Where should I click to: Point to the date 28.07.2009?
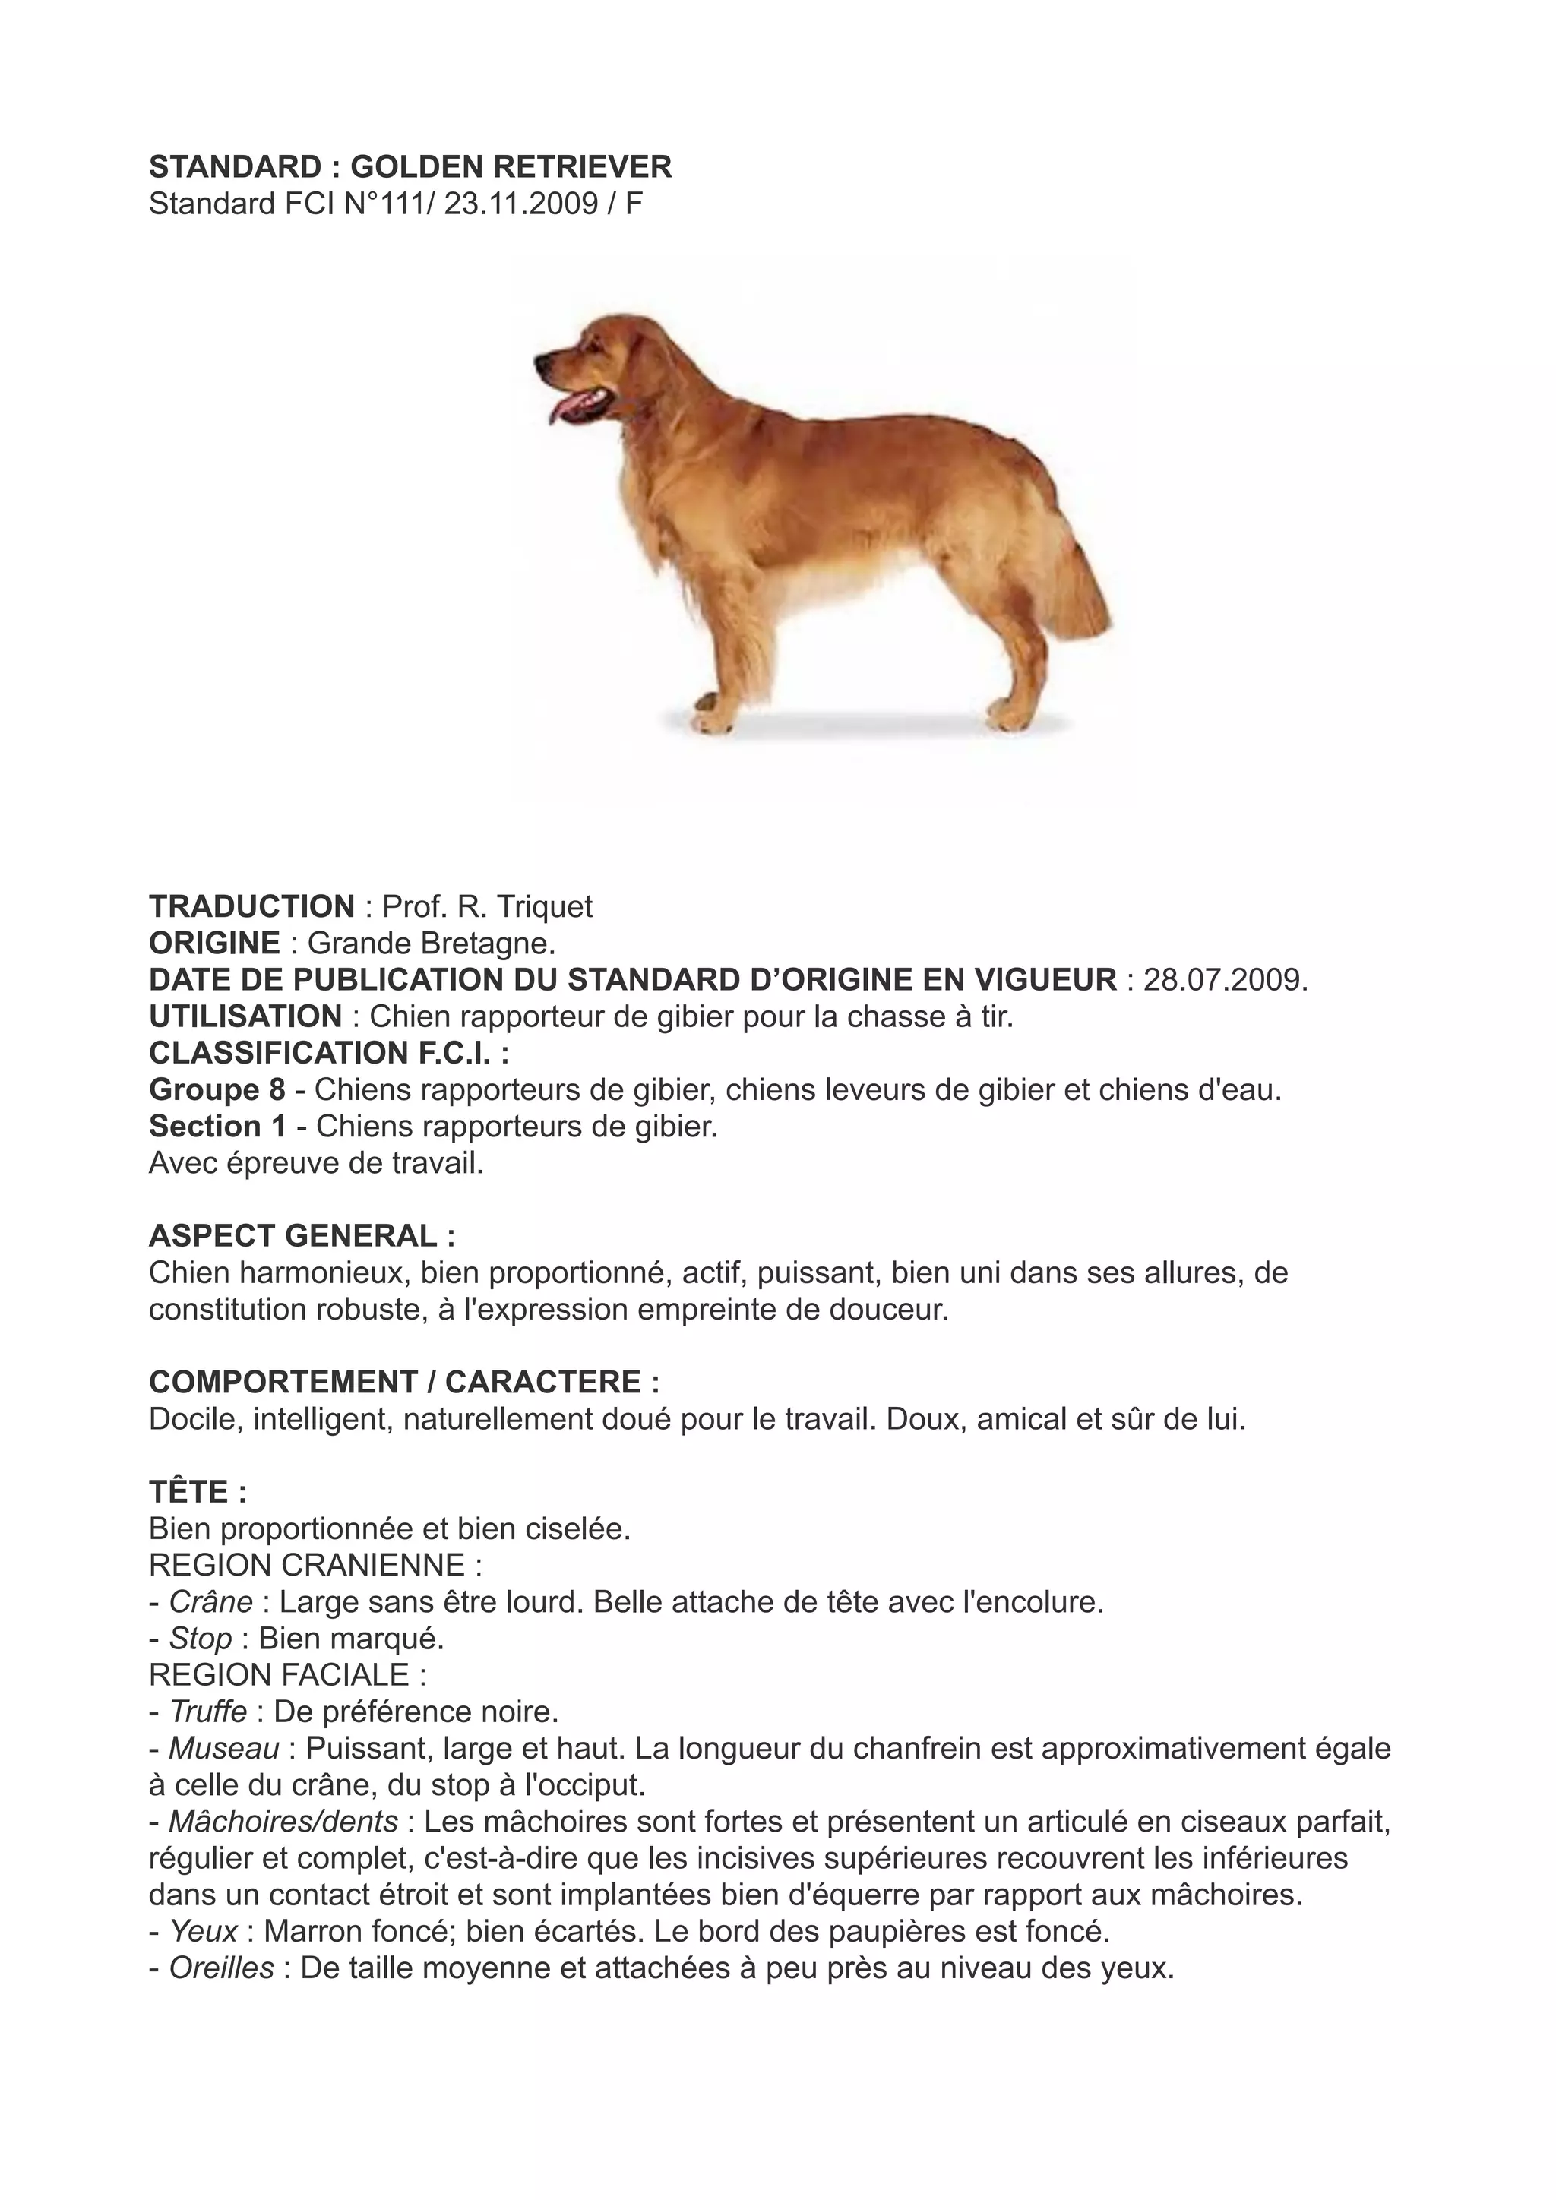(1226, 979)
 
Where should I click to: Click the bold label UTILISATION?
(245, 1016)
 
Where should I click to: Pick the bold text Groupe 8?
(217, 1089)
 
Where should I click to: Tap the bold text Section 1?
(217, 1126)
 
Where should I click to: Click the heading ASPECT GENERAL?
(302, 1236)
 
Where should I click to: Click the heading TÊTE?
(198, 1492)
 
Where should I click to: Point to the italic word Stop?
(201, 1639)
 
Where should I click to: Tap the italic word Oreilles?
(221, 1968)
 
